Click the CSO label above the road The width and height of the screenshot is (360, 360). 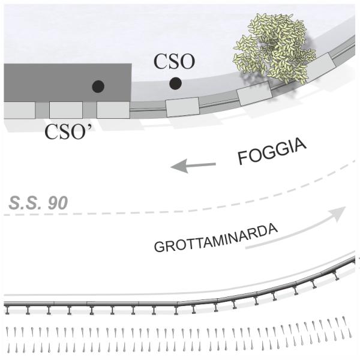tap(174, 61)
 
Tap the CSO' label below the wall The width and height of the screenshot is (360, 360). tap(68, 131)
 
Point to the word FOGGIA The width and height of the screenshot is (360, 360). tap(272, 151)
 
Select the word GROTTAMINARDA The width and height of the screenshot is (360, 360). tap(216, 238)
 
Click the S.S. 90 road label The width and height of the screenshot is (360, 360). tap(38, 203)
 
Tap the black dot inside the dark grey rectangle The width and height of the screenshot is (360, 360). tap(98, 86)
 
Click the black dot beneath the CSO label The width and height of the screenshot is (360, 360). tap(176, 83)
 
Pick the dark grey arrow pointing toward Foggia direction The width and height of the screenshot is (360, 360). tap(193, 166)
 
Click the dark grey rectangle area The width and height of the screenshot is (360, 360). tap(67, 83)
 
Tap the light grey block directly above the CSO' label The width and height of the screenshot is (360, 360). tap(66, 110)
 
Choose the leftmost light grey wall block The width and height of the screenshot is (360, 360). tap(20, 110)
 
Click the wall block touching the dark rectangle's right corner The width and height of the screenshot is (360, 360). tap(113, 110)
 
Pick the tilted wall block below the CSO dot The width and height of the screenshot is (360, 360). tap(182, 107)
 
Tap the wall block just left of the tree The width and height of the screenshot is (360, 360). tap(254, 94)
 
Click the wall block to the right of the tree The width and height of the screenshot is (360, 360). tap(320, 66)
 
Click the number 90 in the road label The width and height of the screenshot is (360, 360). tap(58, 203)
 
